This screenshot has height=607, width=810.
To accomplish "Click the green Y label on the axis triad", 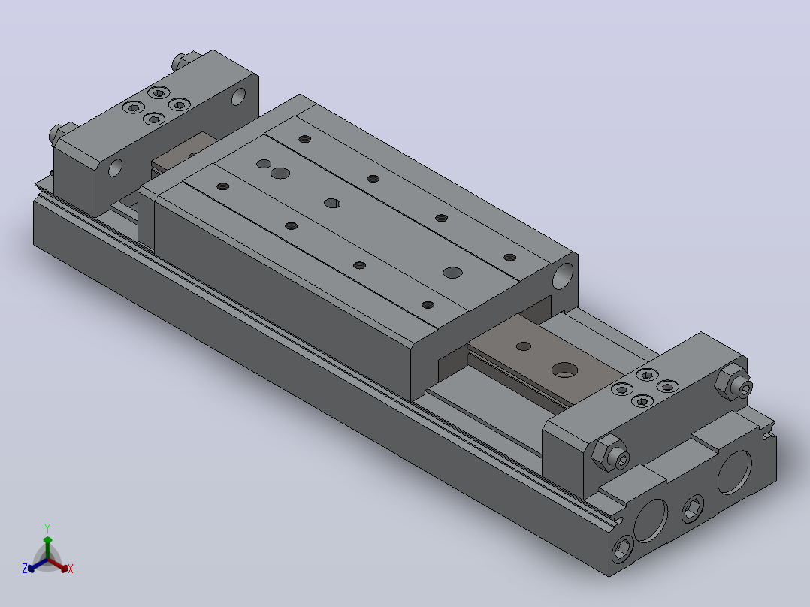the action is [x=47, y=528].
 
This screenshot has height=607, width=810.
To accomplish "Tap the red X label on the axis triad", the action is [x=71, y=569].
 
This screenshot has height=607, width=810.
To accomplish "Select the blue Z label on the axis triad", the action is [x=24, y=569].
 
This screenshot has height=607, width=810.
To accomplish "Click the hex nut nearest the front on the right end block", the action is [x=610, y=453].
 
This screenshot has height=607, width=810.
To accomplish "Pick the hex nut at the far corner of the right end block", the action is [x=734, y=382].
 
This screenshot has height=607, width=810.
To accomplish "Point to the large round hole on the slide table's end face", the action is [x=563, y=276].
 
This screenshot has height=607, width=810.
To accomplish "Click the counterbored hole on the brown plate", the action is [x=564, y=370].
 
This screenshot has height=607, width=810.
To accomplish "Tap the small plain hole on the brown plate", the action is [x=524, y=346].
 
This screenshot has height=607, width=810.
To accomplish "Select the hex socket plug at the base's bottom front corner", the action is [x=622, y=549].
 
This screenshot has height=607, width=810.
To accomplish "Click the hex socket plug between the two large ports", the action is [x=692, y=509].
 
